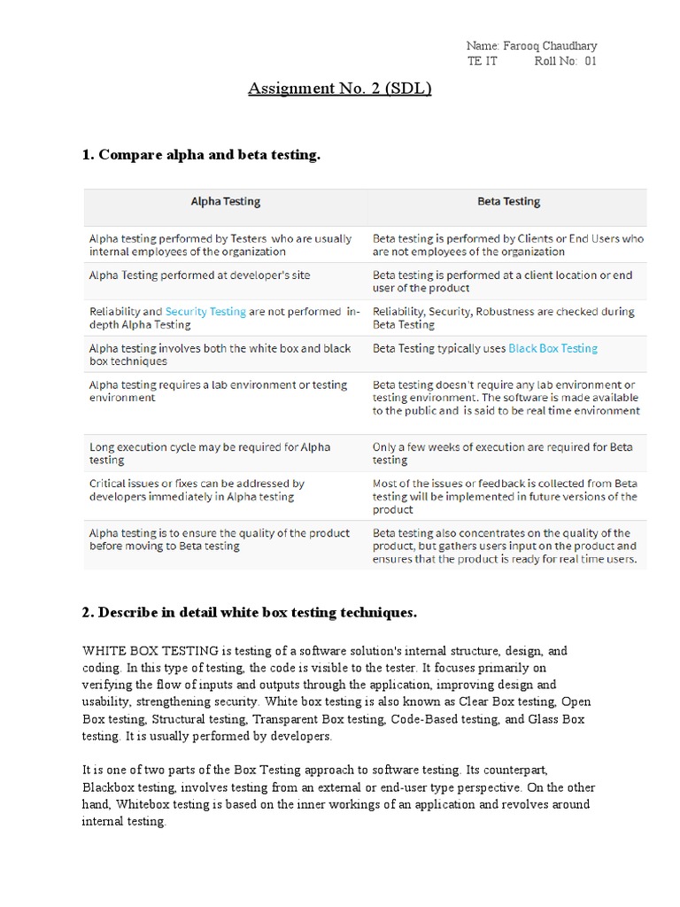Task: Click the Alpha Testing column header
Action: (x=226, y=201)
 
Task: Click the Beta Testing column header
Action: (x=508, y=201)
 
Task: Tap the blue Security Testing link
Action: (x=205, y=312)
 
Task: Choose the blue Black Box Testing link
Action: (x=552, y=348)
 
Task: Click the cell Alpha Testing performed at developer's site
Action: (x=200, y=275)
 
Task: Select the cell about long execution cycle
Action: (x=210, y=453)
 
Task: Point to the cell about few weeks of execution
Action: (x=502, y=453)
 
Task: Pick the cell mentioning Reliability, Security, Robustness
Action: (x=504, y=318)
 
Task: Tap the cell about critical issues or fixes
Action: (x=197, y=490)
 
